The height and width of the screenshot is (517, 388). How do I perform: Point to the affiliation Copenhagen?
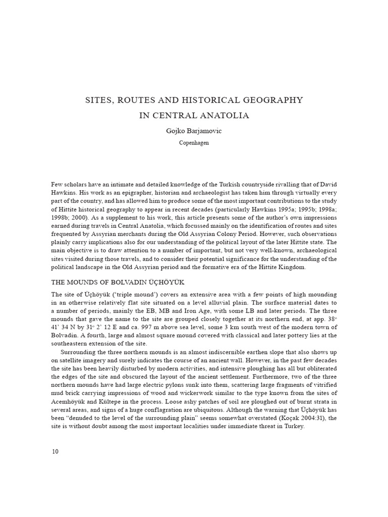click(x=194, y=143)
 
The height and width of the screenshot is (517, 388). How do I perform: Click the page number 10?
click(x=55, y=451)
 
